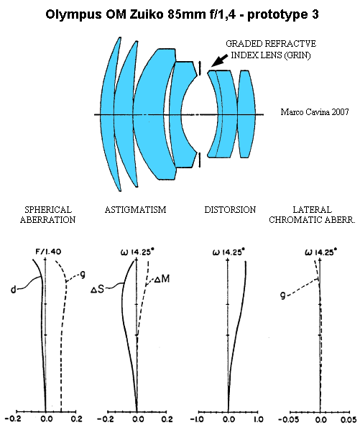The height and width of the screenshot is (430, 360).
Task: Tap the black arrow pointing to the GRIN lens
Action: tap(219, 60)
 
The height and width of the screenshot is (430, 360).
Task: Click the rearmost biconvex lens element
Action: tap(248, 114)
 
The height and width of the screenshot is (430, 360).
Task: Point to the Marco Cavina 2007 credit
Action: tap(315, 112)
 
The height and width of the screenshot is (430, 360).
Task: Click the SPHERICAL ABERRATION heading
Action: tap(48, 215)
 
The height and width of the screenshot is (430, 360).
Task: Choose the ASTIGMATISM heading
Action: tap(135, 210)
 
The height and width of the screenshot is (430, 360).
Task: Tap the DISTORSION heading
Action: tap(230, 210)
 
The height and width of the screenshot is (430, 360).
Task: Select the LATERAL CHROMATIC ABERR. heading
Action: tap(312, 215)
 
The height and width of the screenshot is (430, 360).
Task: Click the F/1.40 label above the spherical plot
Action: tap(48, 252)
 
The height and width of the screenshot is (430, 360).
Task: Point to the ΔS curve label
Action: tap(98, 289)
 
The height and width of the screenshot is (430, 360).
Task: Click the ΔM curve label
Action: tap(162, 279)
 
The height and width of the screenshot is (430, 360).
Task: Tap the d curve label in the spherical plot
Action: tap(14, 289)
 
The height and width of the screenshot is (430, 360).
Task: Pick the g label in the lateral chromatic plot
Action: tap(283, 296)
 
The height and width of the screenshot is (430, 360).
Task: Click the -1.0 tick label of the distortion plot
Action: tap(197, 419)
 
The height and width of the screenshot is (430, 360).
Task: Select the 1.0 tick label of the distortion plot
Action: tap(258, 419)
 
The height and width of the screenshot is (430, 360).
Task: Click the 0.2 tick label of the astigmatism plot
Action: tap(167, 419)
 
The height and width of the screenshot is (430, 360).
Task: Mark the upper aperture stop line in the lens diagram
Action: tap(200, 68)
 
